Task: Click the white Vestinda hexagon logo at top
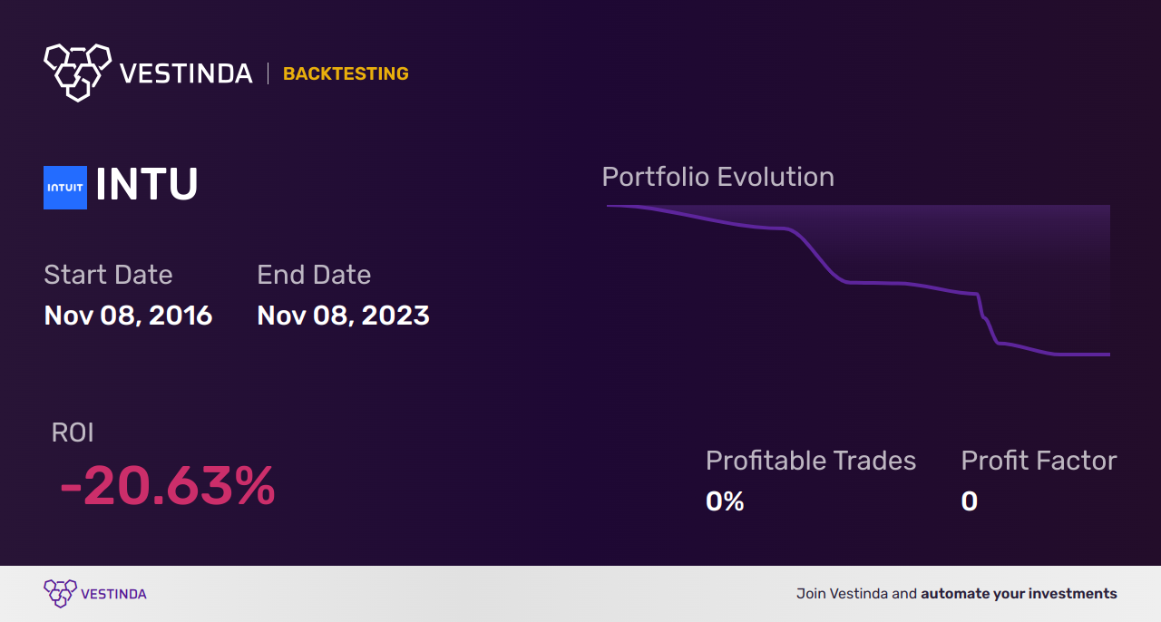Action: tap(77, 72)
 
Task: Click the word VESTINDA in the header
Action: tap(186, 73)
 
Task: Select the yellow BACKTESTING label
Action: tap(346, 74)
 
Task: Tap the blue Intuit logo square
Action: tap(65, 188)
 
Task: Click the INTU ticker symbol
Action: tap(147, 185)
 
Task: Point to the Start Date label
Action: tap(108, 275)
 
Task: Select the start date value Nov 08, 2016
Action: tap(128, 316)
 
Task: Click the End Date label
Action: tap(314, 275)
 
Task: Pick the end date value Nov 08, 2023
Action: tap(343, 316)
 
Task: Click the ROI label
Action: tap(73, 432)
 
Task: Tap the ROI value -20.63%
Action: tap(168, 487)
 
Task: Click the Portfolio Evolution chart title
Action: tap(717, 177)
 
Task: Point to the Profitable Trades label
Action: tap(811, 461)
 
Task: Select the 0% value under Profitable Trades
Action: tap(725, 501)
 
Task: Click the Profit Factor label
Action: tap(1039, 461)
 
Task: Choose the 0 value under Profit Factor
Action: tap(970, 501)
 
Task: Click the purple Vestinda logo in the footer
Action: tap(61, 594)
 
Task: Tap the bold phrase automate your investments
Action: tap(1019, 594)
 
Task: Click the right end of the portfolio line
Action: tap(1108, 355)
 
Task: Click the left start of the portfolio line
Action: tap(609, 207)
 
